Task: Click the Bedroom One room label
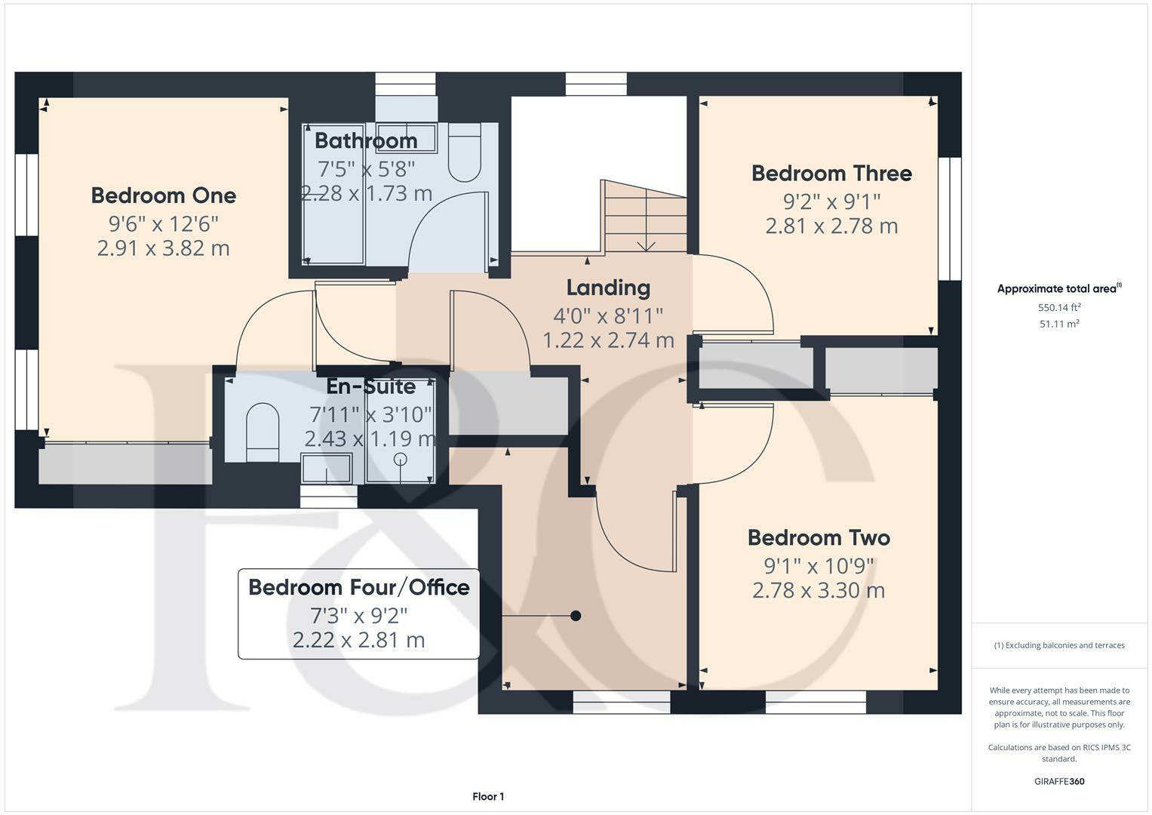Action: (x=164, y=195)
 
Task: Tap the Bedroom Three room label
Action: (x=831, y=174)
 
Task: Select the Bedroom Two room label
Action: (x=819, y=538)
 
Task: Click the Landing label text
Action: (x=608, y=288)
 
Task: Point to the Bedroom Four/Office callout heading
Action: (x=359, y=587)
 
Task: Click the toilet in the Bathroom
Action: (x=464, y=153)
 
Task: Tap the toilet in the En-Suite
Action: (x=263, y=432)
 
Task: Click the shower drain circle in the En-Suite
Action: (x=401, y=460)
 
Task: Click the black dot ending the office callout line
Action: (x=576, y=616)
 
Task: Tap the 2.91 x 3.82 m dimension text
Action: (x=164, y=248)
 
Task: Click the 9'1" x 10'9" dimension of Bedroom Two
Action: (x=819, y=565)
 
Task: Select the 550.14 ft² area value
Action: (x=1059, y=307)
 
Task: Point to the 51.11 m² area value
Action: (x=1059, y=324)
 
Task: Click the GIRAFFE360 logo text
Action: (x=1059, y=781)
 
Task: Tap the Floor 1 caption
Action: (x=488, y=796)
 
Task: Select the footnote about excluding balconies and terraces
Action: (x=1059, y=645)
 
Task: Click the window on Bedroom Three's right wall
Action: (x=950, y=219)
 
